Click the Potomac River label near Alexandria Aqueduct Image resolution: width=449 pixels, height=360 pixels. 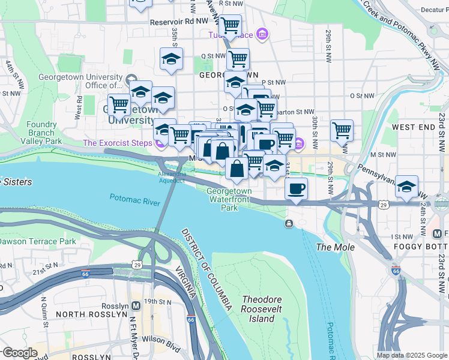tap(134, 199)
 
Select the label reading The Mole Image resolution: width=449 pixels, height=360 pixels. tap(336, 247)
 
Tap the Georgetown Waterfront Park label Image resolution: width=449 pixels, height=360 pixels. tap(229, 199)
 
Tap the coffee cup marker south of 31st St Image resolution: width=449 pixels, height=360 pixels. tap(296, 190)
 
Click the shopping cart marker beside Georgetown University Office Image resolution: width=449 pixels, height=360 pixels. tap(119, 104)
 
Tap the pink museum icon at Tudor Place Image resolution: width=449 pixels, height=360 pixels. tap(262, 35)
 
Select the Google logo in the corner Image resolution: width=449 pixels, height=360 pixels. tap(20, 353)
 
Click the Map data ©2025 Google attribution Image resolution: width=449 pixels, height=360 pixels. tap(411, 355)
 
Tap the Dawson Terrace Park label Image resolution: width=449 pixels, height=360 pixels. tap(38, 241)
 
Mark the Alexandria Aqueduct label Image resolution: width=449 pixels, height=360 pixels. tap(172, 176)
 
